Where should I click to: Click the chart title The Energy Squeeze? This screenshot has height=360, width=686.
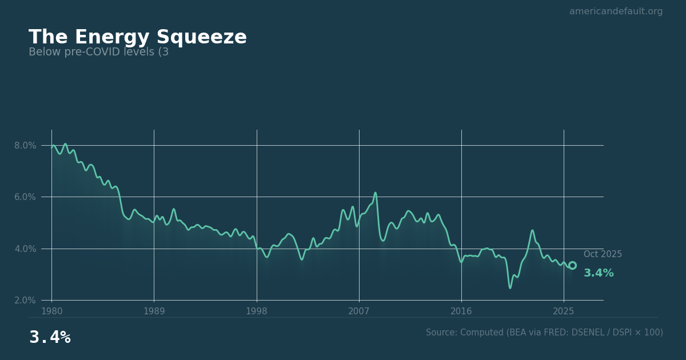tap(137, 38)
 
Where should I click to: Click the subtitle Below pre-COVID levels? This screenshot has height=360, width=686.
tap(98, 53)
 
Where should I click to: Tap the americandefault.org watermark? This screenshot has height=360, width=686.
tap(616, 11)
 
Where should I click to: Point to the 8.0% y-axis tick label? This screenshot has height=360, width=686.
tap(25, 146)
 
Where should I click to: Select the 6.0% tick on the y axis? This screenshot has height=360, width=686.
tap(25, 197)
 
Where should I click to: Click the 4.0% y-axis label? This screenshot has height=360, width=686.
tap(25, 249)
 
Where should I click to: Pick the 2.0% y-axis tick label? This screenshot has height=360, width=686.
tap(25, 301)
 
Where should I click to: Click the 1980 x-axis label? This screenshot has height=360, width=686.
tap(52, 311)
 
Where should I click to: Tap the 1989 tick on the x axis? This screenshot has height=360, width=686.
tap(154, 311)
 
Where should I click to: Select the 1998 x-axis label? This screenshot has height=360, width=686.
tap(256, 311)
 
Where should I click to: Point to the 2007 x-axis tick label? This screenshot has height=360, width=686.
tap(358, 311)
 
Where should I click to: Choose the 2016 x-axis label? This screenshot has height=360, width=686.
tap(461, 311)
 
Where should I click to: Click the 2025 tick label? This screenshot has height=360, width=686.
tap(564, 311)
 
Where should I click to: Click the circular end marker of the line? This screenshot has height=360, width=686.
tap(572, 265)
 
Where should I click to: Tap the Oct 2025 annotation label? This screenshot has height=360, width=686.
tap(603, 254)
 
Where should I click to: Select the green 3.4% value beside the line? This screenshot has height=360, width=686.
tap(599, 273)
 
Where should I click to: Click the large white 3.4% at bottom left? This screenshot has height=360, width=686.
tap(50, 338)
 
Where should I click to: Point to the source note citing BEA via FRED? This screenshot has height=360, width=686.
tap(544, 333)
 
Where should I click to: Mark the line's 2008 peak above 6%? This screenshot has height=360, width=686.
tap(376, 193)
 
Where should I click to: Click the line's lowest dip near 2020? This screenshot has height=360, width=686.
tap(510, 287)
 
